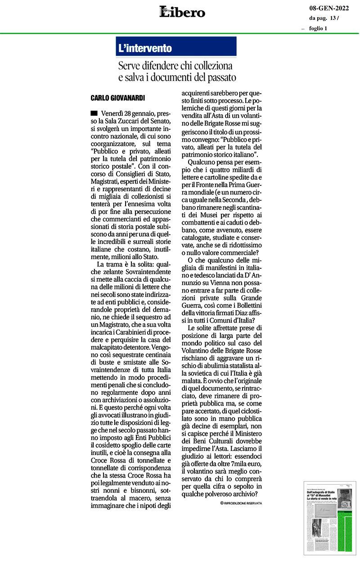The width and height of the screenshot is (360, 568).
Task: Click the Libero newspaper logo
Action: pyautogui.click(x=182, y=12)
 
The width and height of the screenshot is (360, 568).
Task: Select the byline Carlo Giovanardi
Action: pyautogui.click(x=117, y=97)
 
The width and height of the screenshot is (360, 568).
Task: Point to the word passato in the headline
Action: pyautogui.click(x=220, y=77)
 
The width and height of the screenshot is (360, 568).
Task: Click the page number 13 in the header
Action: pyautogui.click(x=333, y=18)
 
